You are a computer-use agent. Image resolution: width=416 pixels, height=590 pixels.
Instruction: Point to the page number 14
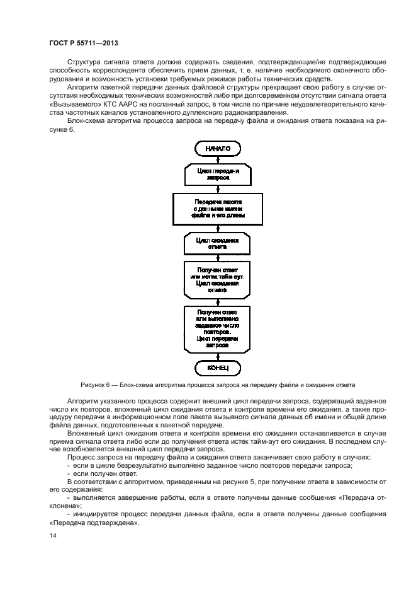[x=53, y=535]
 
